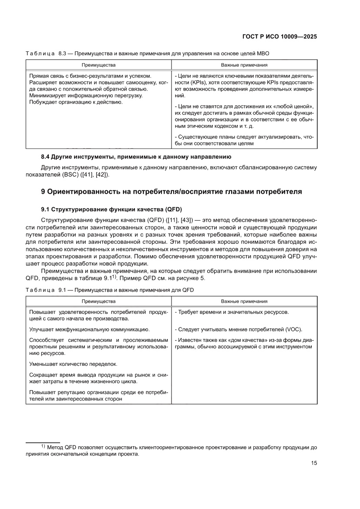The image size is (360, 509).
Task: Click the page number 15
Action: [x=313, y=463]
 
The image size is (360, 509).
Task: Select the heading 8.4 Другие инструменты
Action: [x=136, y=156]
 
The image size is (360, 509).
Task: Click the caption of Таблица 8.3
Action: [x=148, y=54]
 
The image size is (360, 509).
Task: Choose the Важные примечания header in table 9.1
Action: [x=244, y=301]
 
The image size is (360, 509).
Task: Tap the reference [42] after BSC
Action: [x=103, y=175]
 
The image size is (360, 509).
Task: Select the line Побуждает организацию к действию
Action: [x=76, y=102]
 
